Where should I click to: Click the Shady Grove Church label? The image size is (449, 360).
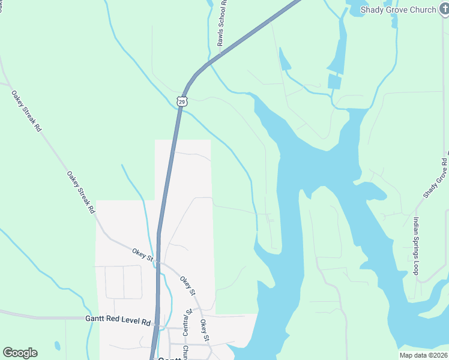(398, 10)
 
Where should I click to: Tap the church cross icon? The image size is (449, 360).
(443, 10)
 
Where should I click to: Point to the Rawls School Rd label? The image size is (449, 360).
(221, 23)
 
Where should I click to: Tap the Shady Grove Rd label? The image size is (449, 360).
(435, 178)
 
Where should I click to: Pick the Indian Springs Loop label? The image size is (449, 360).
(415, 246)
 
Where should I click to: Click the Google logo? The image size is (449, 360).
(20, 353)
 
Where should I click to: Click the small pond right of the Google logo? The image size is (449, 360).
(57, 346)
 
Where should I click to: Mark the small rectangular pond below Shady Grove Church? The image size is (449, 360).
(334, 82)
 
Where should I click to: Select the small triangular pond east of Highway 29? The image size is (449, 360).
(284, 59)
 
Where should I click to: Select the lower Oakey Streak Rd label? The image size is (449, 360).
(80, 192)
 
